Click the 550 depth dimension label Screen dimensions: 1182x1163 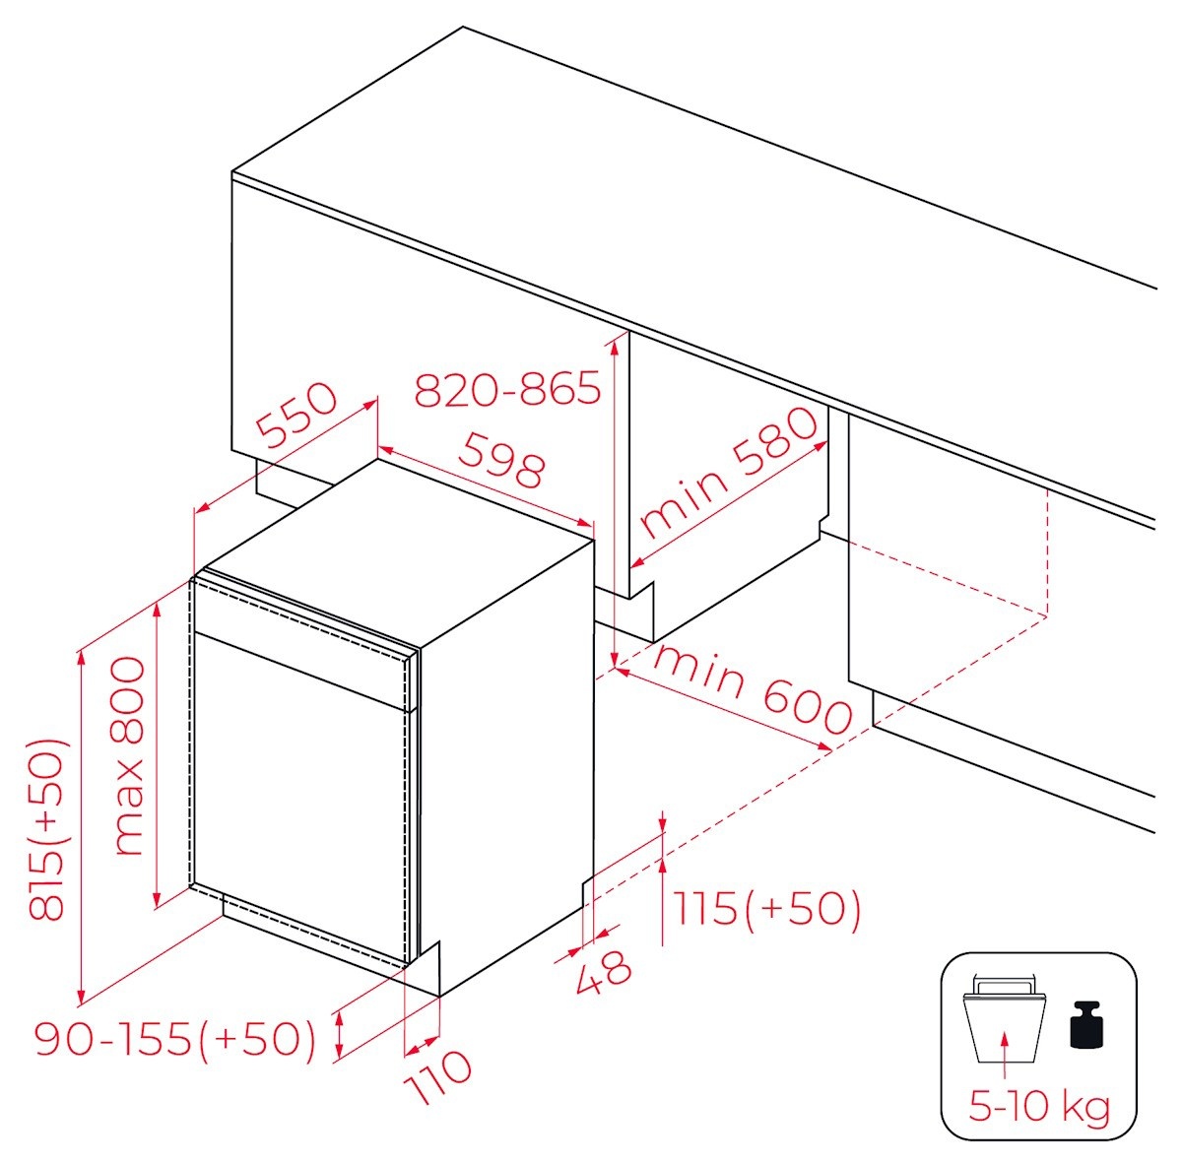point(296,415)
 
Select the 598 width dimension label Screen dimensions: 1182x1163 point(501,460)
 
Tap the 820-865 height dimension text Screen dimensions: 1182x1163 point(507,388)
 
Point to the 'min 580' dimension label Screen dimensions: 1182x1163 point(728,473)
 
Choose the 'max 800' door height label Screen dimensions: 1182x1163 point(129,756)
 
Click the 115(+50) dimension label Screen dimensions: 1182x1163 point(767,908)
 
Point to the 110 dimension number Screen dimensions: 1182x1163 point(439,1076)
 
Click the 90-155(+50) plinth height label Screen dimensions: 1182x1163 point(176,1039)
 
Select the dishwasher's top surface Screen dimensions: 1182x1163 point(399,552)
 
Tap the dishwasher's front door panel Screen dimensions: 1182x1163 point(300,798)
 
